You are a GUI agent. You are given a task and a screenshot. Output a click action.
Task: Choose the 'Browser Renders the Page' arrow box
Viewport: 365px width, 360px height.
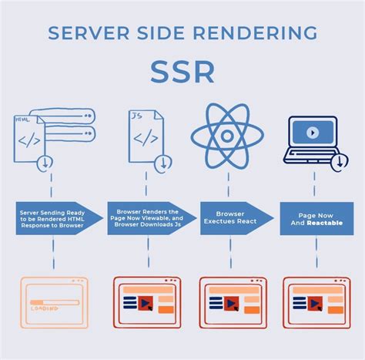146,217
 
